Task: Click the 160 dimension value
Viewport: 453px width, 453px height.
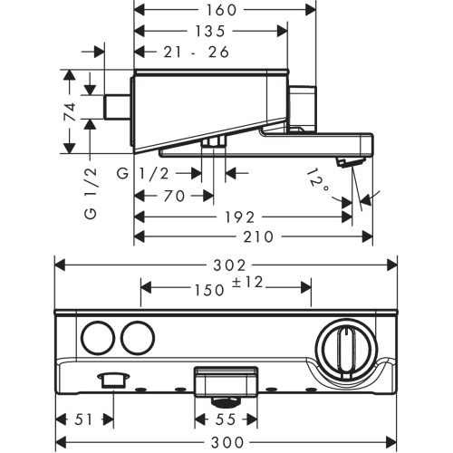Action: pos(221,10)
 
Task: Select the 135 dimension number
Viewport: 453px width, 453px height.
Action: pos(210,31)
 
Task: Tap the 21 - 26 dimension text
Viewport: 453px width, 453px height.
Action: pos(197,52)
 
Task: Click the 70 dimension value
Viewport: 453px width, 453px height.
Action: pos(174,196)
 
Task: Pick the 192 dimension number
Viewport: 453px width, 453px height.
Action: pos(240,217)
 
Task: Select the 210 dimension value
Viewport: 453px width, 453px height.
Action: pos(258,236)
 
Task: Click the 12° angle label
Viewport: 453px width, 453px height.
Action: pos(318,181)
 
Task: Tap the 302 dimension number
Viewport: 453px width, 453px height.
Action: pos(229,265)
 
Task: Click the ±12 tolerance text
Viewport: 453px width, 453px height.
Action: pos(247,283)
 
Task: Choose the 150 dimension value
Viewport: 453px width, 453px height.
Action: pos(209,290)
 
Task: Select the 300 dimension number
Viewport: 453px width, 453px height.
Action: pos(227,443)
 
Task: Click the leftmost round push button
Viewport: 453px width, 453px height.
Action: pos(99,338)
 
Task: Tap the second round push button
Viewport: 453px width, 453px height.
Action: pos(138,338)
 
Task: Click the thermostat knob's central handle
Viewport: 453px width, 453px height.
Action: pos(346,352)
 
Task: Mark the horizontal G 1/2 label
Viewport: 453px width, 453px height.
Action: pos(143,174)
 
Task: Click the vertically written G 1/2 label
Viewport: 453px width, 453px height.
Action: pos(91,194)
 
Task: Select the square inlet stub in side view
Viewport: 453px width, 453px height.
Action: pos(117,107)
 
